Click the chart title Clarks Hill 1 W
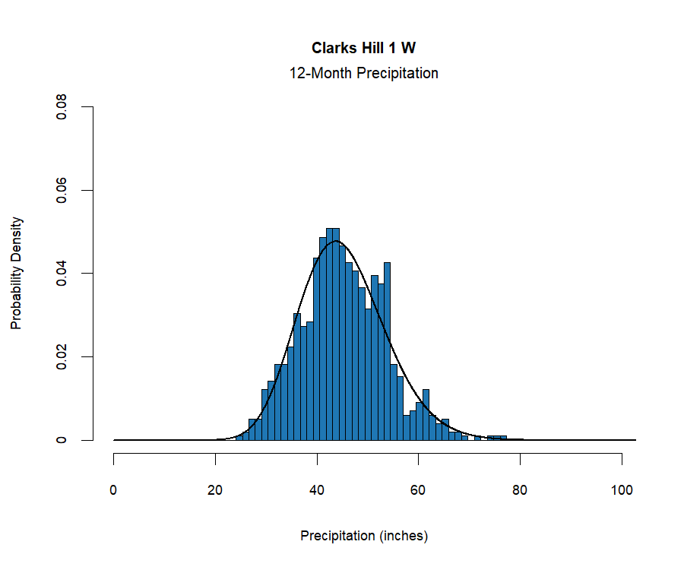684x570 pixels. (x=363, y=48)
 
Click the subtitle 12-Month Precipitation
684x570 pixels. (x=363, y=74)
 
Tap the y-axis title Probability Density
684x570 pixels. (x=17, y=274)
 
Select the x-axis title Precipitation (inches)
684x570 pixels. (x=364, y=536)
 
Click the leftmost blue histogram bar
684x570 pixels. (x=239, y=438)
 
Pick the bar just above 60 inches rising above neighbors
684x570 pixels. (x=426, y=415)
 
